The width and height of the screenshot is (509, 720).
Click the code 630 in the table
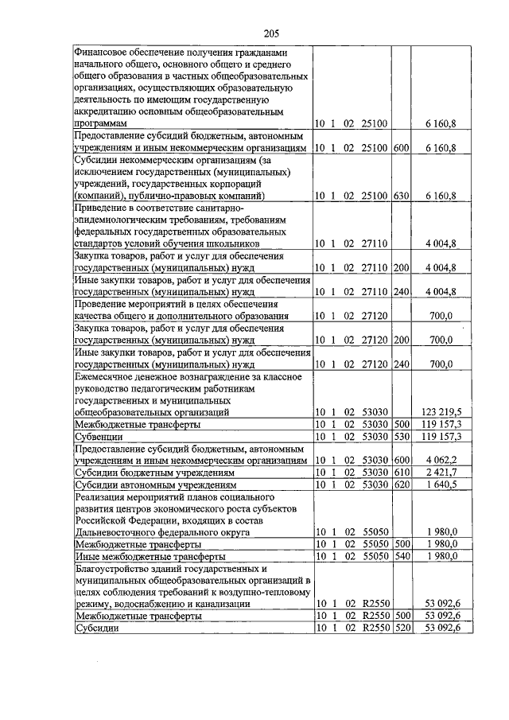tap(401, 196)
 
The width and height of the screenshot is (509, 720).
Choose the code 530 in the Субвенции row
tap(401, 437)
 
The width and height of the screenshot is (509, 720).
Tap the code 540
tap(401, 556)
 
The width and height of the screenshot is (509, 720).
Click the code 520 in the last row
tap(401, 627)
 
